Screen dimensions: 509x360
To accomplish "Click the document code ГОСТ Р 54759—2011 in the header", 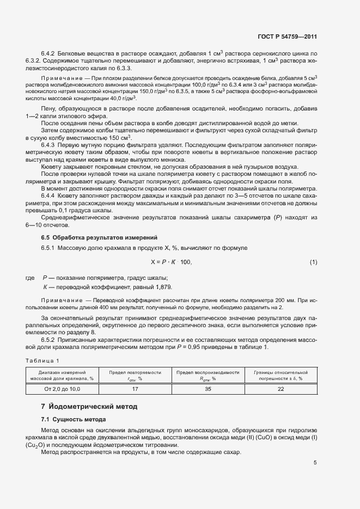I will coord(287,36).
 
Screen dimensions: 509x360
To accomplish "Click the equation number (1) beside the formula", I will coord(313,262).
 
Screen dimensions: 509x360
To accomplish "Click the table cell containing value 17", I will coord(135,389).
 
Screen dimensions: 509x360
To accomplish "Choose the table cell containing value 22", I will coord(280,389).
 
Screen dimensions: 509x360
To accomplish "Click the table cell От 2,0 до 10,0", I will coord(62,389).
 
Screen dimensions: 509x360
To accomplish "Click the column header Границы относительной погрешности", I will coord(280,375).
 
